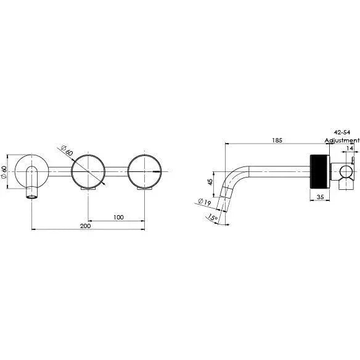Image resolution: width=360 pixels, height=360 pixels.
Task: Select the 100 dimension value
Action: (x=118, y=216)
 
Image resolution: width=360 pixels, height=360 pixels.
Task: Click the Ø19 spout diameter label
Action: (x=204, y=200)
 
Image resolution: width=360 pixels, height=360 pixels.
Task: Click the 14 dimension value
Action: (x=350, y=148)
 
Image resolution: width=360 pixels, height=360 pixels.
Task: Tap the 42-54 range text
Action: (x=342, y=132)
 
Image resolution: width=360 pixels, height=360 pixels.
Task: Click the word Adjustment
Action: (x=342, y=140)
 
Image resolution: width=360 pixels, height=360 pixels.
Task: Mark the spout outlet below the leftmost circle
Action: (x=31, y=194)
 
